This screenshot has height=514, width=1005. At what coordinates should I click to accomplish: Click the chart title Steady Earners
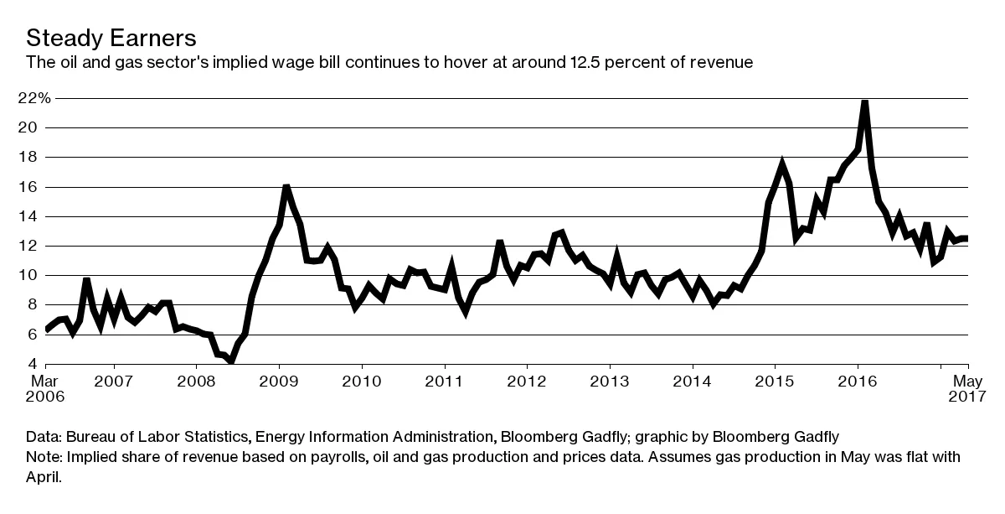point(111,38)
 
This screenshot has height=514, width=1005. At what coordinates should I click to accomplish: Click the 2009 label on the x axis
point(278,382)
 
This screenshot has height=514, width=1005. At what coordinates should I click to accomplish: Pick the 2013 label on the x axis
point(610,382)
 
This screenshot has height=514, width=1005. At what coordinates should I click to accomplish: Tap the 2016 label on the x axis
point(858,382)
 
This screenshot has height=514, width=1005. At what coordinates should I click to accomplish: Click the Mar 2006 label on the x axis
point(45,389)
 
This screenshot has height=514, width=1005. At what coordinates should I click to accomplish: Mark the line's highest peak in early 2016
point(864,101)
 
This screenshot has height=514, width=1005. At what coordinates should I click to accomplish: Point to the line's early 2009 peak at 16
point(286,186)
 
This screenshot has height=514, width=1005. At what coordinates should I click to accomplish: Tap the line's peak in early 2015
point(781,164)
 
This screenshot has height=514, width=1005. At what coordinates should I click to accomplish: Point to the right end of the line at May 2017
point(967,239)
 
